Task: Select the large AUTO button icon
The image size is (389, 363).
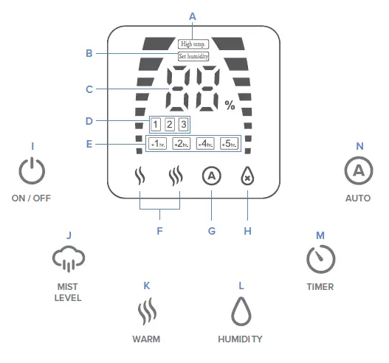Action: (358, 171)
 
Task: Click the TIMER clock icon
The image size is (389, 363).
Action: (320, 258)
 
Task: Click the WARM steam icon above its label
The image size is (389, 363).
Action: (147, 311)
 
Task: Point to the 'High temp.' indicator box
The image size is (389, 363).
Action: (193, 44)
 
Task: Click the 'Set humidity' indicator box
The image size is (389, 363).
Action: (193, 56)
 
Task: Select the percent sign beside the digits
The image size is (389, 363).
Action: (230, 106)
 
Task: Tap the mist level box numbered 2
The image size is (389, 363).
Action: (169, 124)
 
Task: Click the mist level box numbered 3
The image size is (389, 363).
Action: (182, 124)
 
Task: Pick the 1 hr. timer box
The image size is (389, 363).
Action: (157, 144)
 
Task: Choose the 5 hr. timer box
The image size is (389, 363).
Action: (228, 144)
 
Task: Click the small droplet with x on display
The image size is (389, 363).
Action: (247, 178)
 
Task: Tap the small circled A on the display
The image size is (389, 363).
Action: (211, 176)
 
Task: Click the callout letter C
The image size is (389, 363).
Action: (89, 89)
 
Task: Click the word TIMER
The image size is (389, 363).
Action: (320, 286)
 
